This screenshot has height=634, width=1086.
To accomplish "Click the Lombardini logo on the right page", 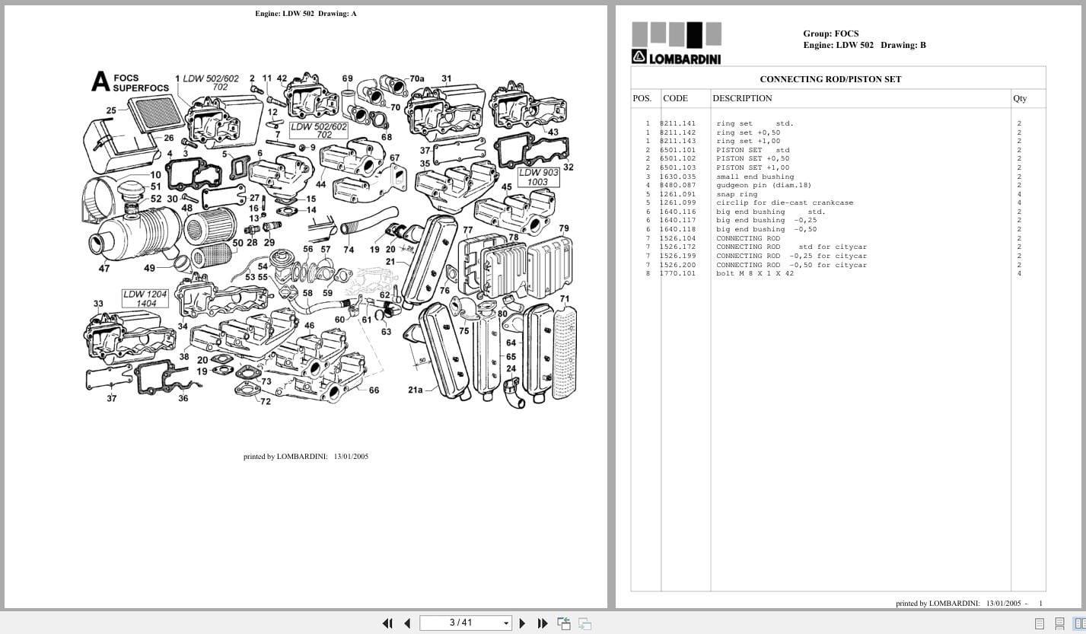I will pyautogui.click(x=676, y=44).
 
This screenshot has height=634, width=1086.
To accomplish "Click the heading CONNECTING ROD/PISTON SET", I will pyautogui.click(x=830, y=79).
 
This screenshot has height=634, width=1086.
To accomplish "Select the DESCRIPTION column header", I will pyautogui.click(x=742, y=98).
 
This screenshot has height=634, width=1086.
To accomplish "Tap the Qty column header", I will pyautogui.click(x=1019, y=98).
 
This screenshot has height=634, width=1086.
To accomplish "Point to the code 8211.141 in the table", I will pyautogui.click(x=677, y=123).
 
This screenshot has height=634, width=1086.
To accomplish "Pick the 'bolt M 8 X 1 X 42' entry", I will pyautogui.click(x=754, y=273).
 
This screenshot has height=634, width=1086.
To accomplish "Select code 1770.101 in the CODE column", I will pyautogui.click(x=677, y=273).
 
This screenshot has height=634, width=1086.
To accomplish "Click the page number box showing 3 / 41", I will pyautogui.click(x=465, y=623).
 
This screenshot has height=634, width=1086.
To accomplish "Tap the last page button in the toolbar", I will pyautogui.click(x=543, y=623).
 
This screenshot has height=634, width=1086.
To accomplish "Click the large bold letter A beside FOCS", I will pyautogui.click(x=100, y=82).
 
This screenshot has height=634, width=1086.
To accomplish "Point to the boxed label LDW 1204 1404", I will pyautogui.click(x=146, y=298).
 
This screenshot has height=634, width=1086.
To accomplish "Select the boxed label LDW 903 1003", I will pyautogui.click(x=537, y=177).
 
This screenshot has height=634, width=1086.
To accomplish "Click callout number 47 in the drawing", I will pyautogui.click(x=104, y=268).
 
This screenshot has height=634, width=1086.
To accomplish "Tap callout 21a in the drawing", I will pyautogui.click(x=415, y=390).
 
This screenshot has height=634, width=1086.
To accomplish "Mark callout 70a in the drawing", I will pyautogui.click(x=417, y=78).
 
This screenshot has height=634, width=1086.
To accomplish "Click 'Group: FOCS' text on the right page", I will pyautogui.click(x=830, y=33).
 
